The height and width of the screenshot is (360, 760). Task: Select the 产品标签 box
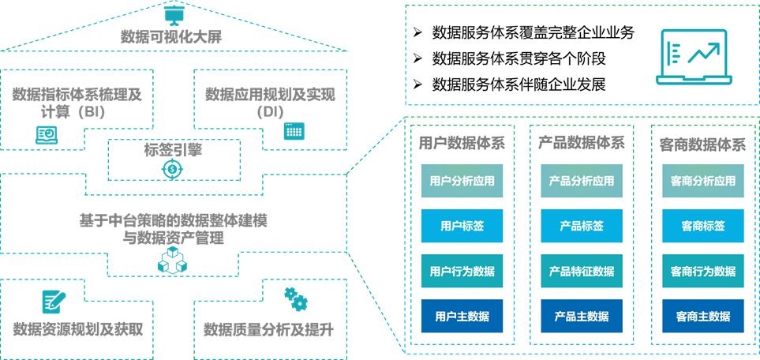click(x=582, y=226)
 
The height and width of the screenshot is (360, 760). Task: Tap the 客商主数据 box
click(x=702, y=317)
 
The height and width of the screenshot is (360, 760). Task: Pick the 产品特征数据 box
click(x=582, y=272)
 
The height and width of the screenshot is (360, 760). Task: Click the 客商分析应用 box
click(x=702, y=181)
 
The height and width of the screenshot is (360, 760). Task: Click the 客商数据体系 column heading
click(x=702, y=144)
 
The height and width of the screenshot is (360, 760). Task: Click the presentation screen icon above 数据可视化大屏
click(x=172, y=14)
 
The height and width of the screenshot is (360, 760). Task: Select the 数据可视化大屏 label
click(x=172, y=36)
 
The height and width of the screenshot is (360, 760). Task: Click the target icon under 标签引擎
click(x=172, y=170)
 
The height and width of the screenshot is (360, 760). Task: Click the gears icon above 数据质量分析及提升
click(x=295, y=298)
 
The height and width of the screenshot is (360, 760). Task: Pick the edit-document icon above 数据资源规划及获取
click(x=53, y=301)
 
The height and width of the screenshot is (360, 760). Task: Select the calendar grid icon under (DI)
click(x=294, y=131)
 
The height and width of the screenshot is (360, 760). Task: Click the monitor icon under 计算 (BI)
click(x=47, y=135)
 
